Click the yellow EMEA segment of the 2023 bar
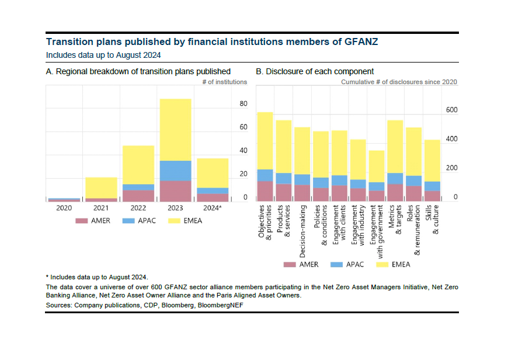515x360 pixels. click(x=175, y=129)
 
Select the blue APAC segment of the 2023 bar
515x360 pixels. click(x=175, y=170)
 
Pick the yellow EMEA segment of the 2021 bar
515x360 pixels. click(x=101, y=187)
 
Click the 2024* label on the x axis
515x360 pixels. click(x=213, y=208)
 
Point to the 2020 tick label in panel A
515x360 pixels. click(x=64, y=208)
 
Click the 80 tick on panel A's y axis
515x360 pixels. click(x=243, y=104)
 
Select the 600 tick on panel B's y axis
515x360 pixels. click(x=452, y=110)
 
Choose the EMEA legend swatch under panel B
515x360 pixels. click(x=383, y=264)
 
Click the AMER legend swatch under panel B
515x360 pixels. click(x=290, y=264)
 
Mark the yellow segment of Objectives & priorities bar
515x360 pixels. click(x=265, y=140)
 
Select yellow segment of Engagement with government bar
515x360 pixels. click(x=377, y=166)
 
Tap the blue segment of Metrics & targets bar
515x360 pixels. click(x=395, y=178)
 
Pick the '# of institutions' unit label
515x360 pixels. click(x=224, y=82)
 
